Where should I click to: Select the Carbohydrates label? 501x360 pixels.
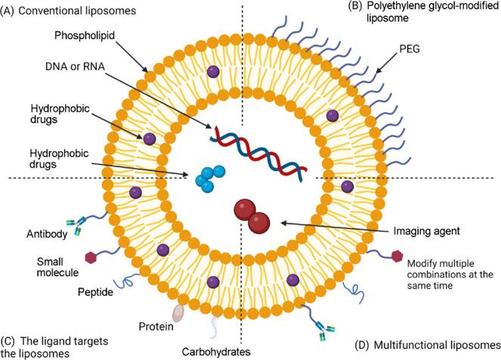coord(212,352)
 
